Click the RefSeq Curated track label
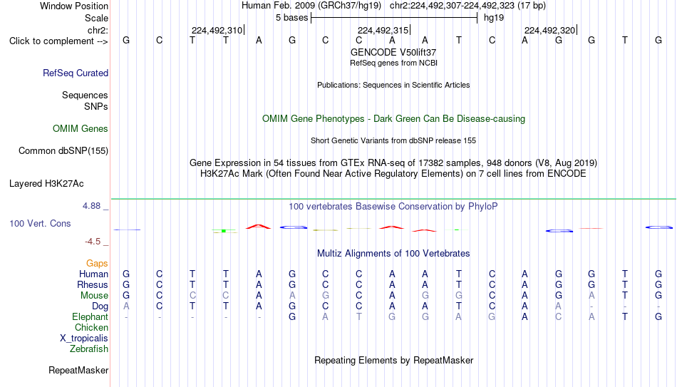(x=76, y=73)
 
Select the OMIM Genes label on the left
(x=81, y=129)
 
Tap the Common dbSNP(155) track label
(x=63, y=151)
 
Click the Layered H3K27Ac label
(x=46, y=184)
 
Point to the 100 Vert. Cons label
(x=40, y=223)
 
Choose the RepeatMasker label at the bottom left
(x=78, y=370)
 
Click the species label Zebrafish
(x=89, y=349)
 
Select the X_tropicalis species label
(x=84, y=339)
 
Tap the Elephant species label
(x=91, y=316)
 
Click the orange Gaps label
(x=97, y=263)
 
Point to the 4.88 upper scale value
(x=91, y=205)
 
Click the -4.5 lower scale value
(x=93, y=242)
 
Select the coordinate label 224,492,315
(x=383, y=30)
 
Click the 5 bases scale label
(x=292, y=18)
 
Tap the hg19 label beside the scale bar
(x=494, y=18)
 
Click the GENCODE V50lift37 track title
(x=393, y=52)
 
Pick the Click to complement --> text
(x=58, y=41)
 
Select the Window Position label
(x=74, y=6)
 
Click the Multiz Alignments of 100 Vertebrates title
(x=393, y=253)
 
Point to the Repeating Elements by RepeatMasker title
(x=394, y=360)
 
